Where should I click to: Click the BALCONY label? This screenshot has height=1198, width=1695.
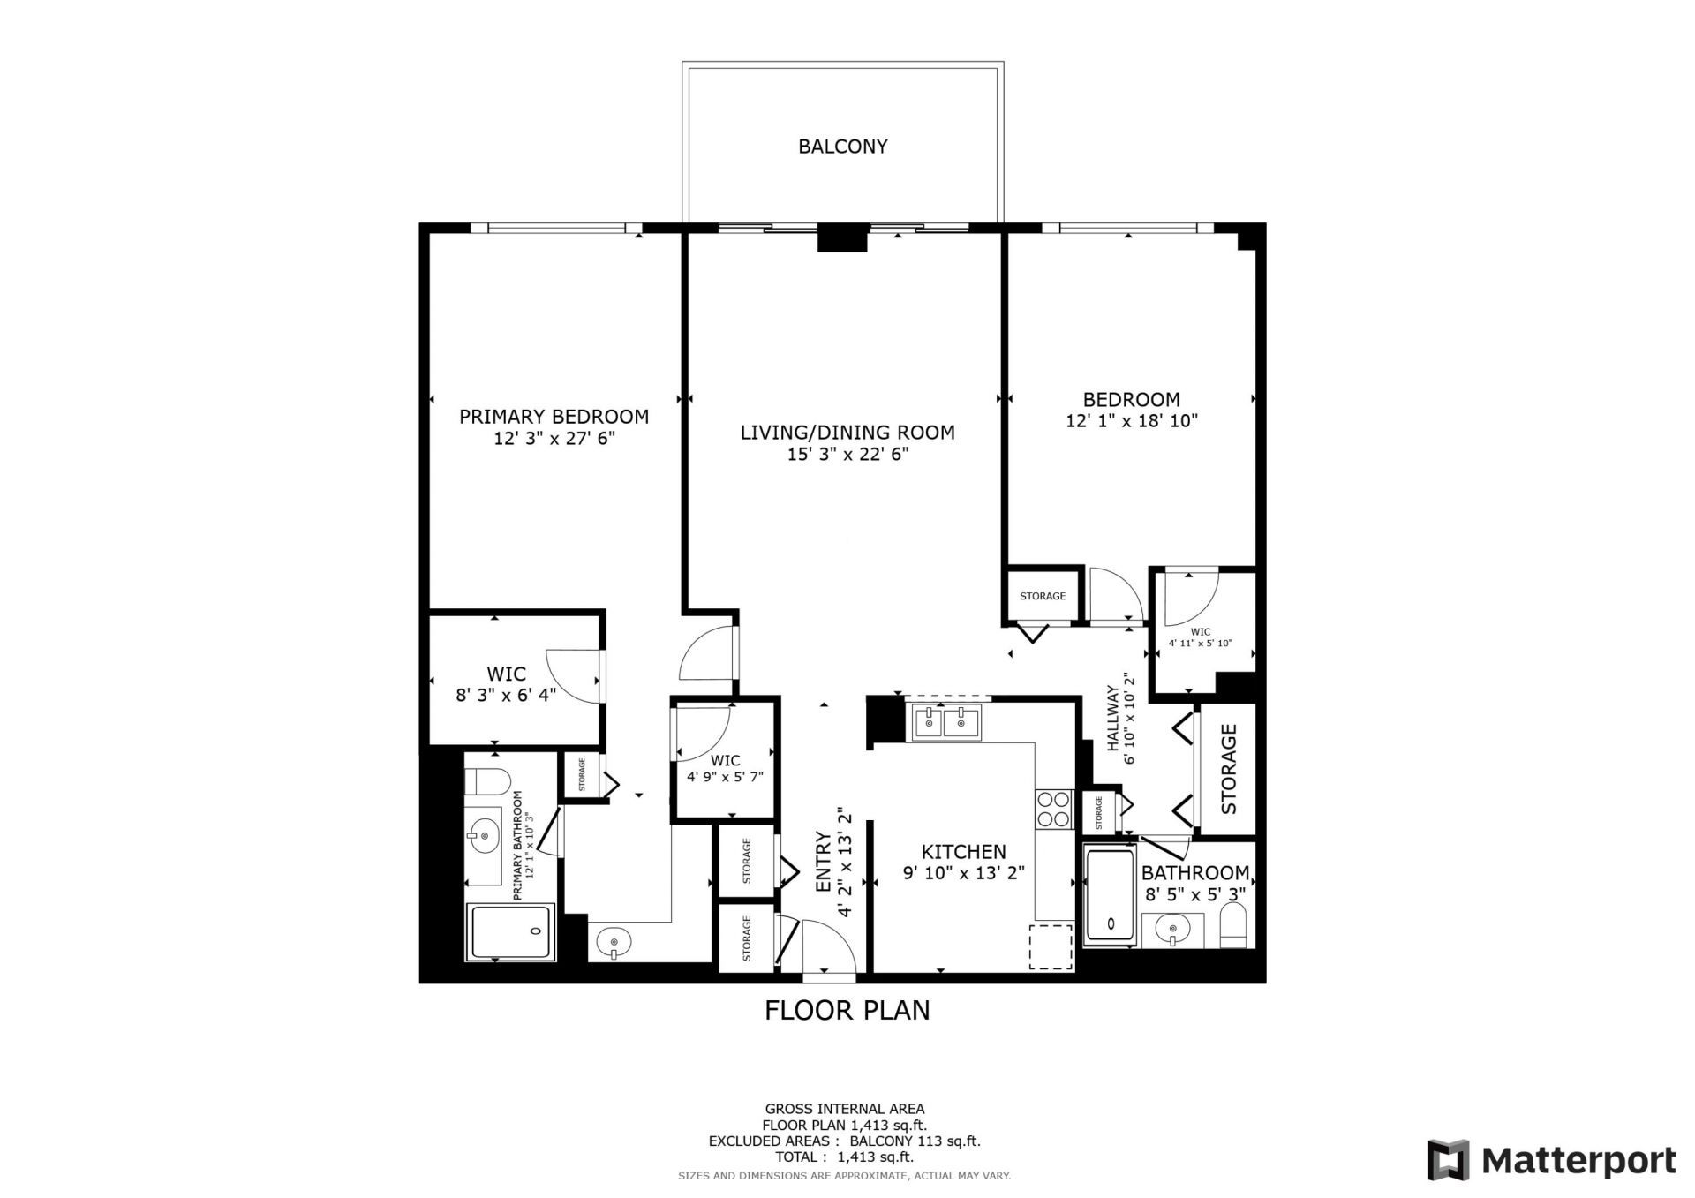point(842,147)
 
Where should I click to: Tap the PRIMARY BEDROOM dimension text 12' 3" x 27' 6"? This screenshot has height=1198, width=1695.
point(554,439)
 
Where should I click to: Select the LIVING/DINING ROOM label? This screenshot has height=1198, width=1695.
point(847,433)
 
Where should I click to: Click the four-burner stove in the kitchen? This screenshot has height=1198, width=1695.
point(1053,809)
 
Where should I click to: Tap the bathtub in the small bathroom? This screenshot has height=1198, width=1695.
point(1109,894)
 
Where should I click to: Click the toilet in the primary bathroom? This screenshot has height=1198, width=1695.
point(487,782)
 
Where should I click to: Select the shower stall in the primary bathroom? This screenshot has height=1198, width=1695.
point(510,931)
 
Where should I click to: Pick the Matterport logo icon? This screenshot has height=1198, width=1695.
point(1449,1160)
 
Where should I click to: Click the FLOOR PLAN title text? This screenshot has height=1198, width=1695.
point(847,1010)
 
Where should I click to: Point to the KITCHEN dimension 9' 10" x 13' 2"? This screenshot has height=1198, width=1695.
point(963,874)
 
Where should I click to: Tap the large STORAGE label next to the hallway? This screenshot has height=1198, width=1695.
point(1228,769)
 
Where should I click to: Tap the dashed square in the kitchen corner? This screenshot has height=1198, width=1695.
point(1051,946)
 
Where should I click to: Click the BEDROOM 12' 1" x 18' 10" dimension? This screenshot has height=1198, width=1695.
point(1131,421)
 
